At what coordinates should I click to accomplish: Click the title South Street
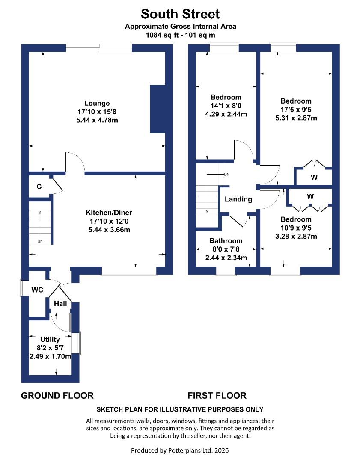coord(180,14)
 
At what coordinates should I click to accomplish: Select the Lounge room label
coord(97,103)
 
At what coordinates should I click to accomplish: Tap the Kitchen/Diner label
coord(109,213)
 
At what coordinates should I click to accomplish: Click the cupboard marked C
coord(39,187)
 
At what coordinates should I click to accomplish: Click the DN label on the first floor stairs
coord(226,175)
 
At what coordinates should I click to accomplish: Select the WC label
coord(37,290)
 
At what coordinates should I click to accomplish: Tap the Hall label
coord(60,303)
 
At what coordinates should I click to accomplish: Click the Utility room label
coord(50,339)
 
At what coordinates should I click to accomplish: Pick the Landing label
coord(238,199)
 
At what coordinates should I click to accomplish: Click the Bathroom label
coord(226,241)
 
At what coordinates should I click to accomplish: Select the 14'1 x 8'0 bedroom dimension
coord(226,106)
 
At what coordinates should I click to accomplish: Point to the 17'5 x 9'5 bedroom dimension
coord(296,110)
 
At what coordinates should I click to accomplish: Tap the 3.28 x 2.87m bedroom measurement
coord(296,236)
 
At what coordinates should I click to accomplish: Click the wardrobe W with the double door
coord(314,177)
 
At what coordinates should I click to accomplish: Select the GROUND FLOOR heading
coord(57,395)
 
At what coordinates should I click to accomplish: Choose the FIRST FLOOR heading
coord(217,395)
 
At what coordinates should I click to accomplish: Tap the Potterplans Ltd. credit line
coord(180,450)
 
